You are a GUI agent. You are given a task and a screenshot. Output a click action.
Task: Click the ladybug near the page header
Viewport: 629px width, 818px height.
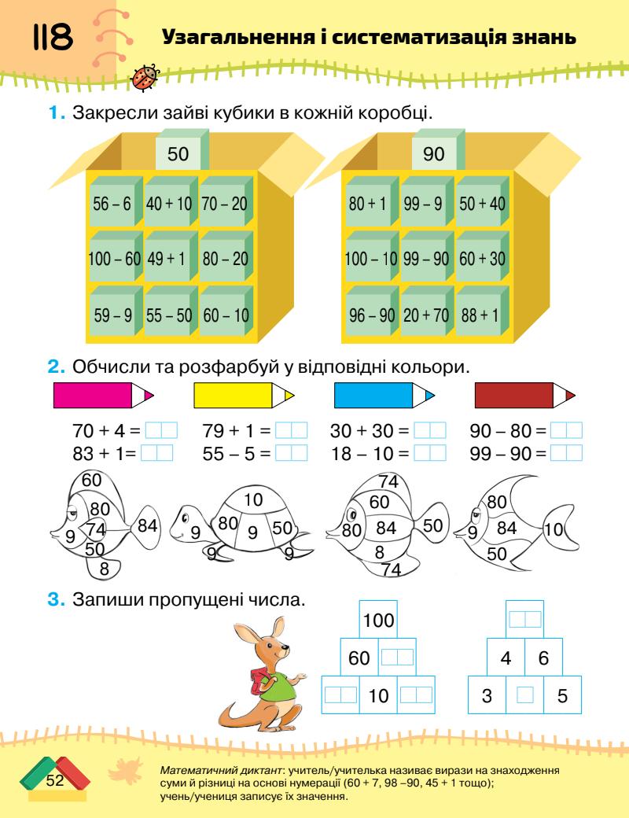(147, 76)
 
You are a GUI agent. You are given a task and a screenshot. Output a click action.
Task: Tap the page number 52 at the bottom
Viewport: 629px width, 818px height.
(54, 781)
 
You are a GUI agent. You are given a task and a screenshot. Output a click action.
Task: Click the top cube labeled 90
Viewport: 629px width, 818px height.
(434, 154)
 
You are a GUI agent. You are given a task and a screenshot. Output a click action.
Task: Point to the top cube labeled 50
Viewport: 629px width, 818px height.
(178, 154)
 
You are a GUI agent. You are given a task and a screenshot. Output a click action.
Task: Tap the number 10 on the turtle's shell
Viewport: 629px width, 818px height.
(252, 500)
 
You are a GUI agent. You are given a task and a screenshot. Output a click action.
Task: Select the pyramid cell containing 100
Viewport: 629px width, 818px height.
(378, 621)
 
